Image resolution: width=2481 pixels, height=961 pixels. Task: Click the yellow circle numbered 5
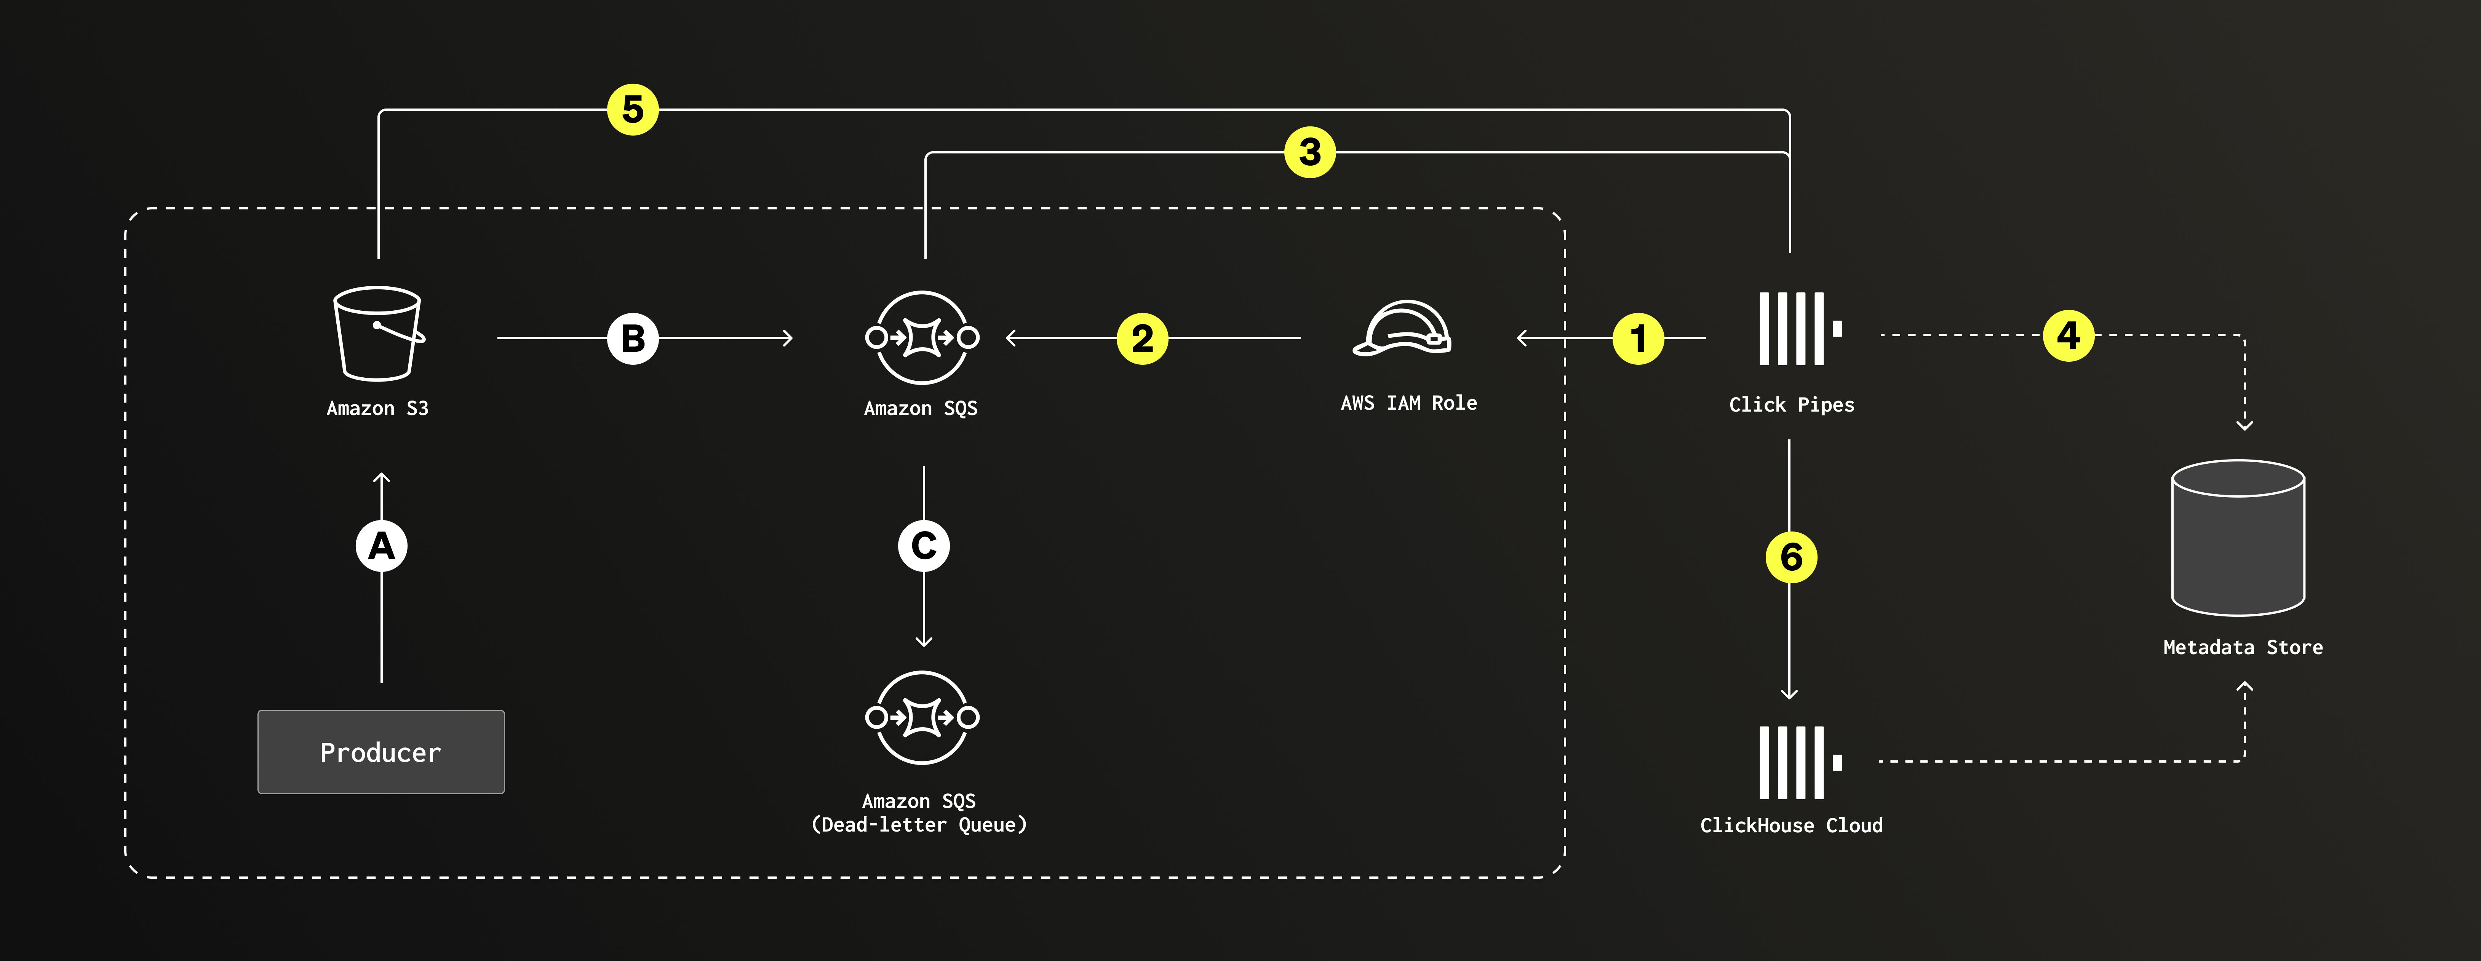(x=633, y=110)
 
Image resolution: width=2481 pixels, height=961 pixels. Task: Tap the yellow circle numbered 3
(x=1310, y=152)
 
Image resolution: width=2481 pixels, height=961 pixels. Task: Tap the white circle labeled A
(x=381, y=546)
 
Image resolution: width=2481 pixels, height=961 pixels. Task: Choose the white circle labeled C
(x=924, y=546)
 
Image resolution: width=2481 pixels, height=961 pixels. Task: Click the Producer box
(x=380, y=752)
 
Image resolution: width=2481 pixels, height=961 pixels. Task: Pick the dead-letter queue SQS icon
(x=922, y=717)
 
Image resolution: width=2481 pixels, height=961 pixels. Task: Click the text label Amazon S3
(x=377, y=408)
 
